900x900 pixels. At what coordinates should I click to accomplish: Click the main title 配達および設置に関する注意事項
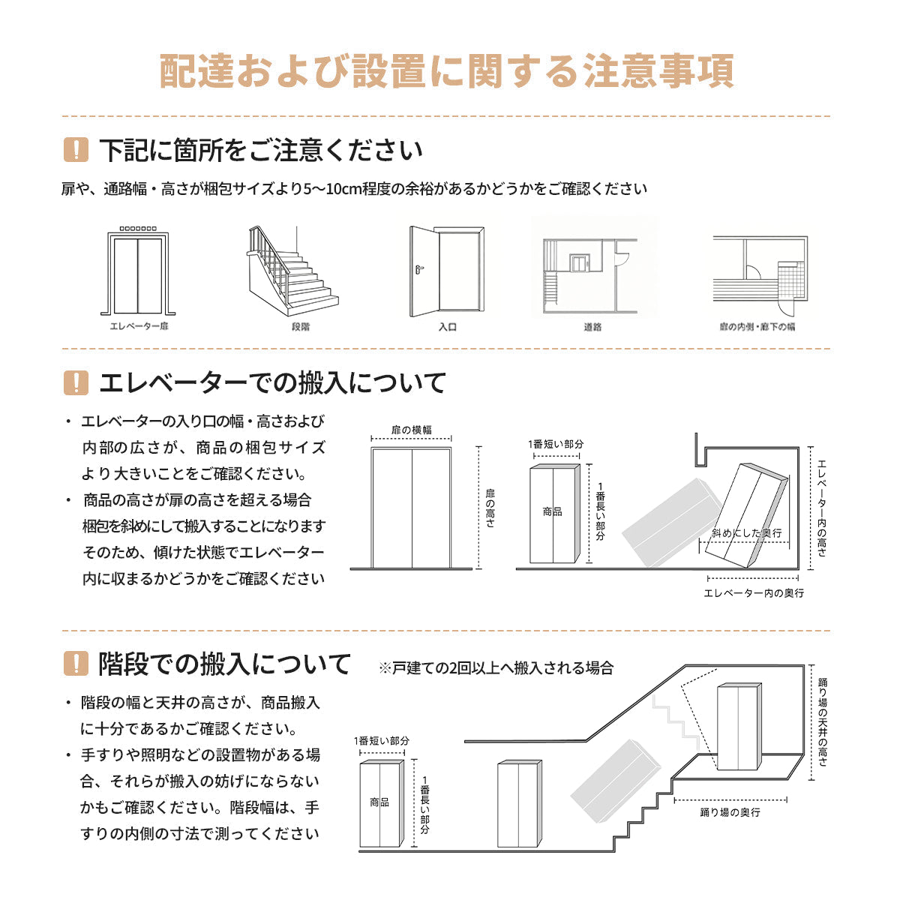tap(447, 72)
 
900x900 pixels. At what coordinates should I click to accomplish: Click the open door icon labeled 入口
tap(446, 272)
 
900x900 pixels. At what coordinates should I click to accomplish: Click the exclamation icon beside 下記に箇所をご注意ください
tap(76, 150)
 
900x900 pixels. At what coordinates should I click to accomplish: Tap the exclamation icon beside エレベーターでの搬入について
tap(76, 382)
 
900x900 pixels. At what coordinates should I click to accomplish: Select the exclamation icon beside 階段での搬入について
tap(76, 664)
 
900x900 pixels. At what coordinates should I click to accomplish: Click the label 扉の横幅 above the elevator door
tap(412, 430)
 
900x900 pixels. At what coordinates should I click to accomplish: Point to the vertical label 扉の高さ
tap(490, 508)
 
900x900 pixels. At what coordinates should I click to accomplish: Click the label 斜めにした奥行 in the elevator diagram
tap(746, 532)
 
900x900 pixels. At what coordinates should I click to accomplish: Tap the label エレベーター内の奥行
tap(753, 593)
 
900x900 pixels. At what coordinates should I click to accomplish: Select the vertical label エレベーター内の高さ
tap(823, 508)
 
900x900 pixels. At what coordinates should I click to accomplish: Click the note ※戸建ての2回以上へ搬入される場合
tap(496, 667)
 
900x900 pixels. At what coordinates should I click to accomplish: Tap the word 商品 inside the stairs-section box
tap(379, 802)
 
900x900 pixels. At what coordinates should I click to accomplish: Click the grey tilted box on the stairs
tap(615, 780)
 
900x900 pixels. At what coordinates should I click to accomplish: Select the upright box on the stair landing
tap(739, 727)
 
